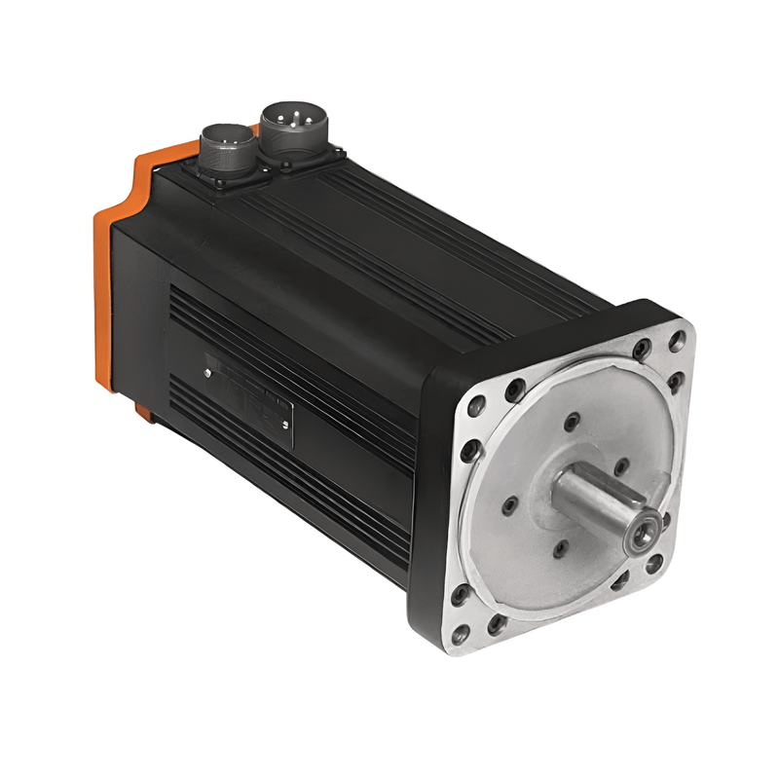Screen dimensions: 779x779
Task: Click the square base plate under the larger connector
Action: (310, 156)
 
